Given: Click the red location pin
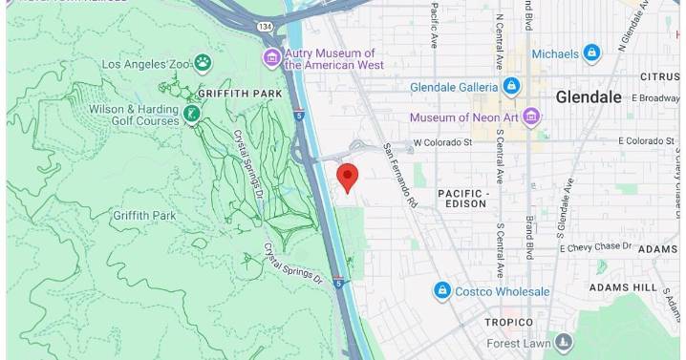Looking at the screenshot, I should click(x=349, y=176).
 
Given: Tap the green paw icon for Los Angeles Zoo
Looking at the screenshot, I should click(x=203, y=63).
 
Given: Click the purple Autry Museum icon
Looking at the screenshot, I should click(x=272, y=58).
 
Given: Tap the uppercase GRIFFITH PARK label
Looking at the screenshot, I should click(x=241, y=94).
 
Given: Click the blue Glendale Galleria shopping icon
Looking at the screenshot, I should click(x=512, y=87).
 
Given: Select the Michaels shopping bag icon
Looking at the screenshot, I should click(x=591, y=53).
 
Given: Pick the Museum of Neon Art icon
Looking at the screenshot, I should click(x=531, y=117).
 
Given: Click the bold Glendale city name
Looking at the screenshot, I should click(x=589, y=96).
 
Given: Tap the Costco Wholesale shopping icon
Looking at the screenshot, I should click(x=441, y=291).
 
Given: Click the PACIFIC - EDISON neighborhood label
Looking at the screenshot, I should click(x=463, y=199).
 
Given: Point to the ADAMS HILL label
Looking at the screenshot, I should click(x=622, y=286).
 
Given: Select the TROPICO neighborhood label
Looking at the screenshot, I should click(x=506, y=323).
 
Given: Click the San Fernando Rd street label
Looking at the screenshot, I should click(x=400, y=176).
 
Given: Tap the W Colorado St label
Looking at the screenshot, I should click(x=442, y=142).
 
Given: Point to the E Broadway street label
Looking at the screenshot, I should click(x=648, y=98).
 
